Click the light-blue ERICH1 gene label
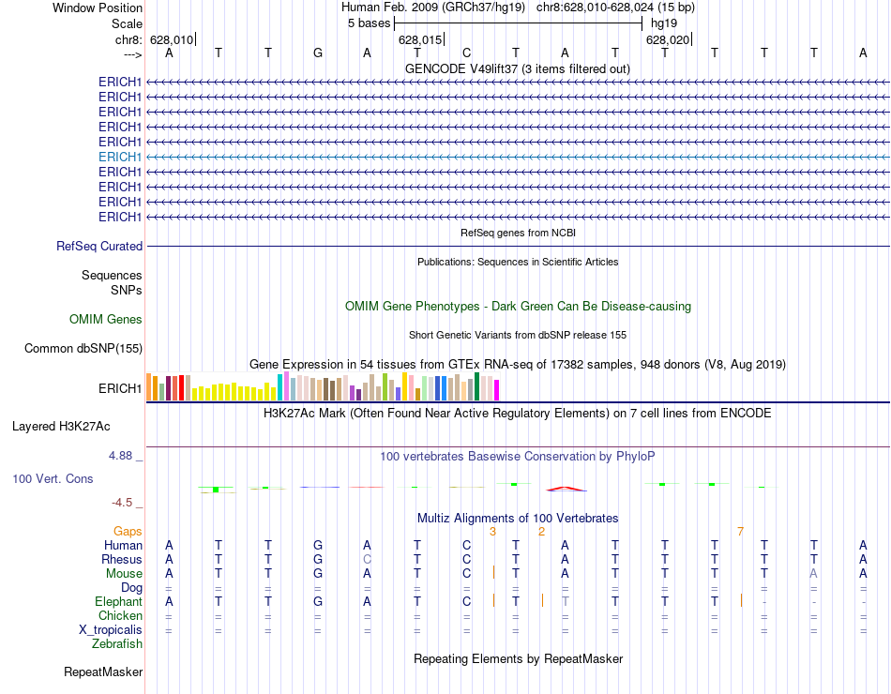pos(120,157)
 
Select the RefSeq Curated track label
pos(99,246)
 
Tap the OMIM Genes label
pos(106,320)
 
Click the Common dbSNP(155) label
pos(83,349)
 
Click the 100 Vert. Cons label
pos(53,478)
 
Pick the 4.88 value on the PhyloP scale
pos(125,456)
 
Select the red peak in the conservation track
pos(566,488)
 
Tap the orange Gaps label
pos(128,531)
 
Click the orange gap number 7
pos(740,532)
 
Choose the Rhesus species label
pos(122,559)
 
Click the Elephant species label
pos(118,601)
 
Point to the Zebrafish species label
pos(117,643)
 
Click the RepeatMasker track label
pos(103,671)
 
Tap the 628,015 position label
pos(419,40)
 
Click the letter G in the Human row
pos(318,545)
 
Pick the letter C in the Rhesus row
pos(466,559)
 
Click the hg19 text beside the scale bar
pos(663,23)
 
